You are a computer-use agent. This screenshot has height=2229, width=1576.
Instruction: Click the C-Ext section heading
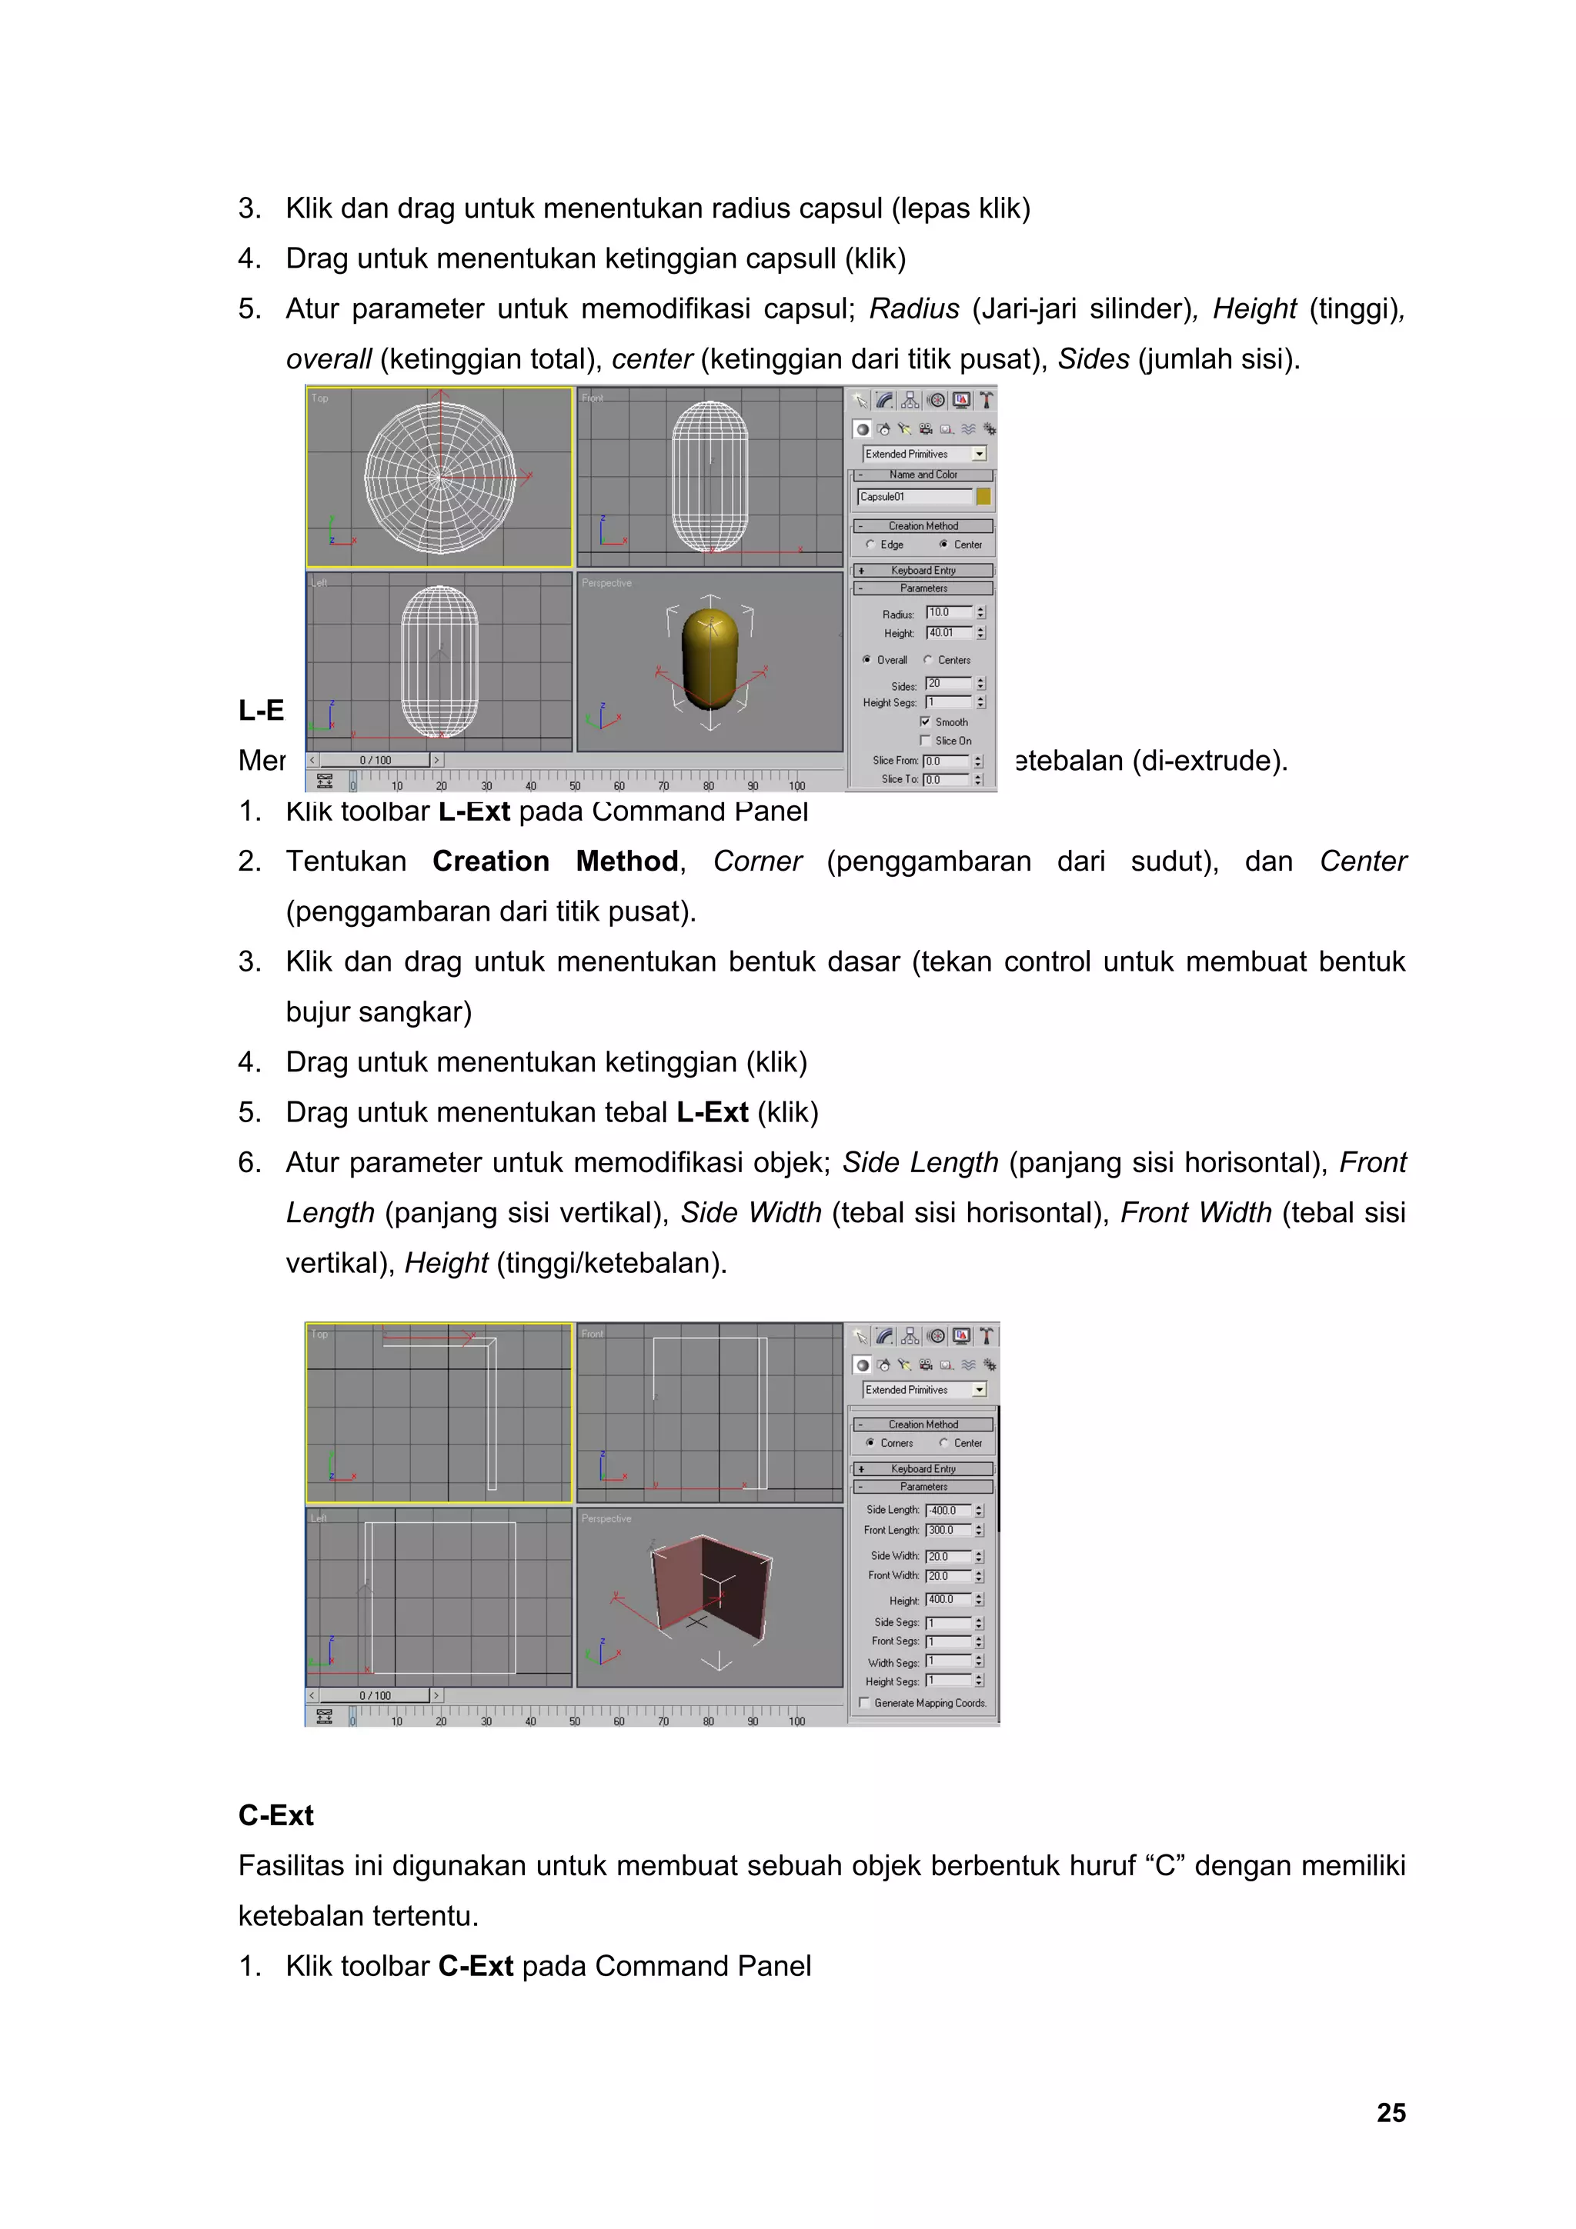pyautogui.click(x=275, y=1814)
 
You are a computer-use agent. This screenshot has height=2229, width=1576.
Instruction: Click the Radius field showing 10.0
pyautogui.click(x=948, y=612)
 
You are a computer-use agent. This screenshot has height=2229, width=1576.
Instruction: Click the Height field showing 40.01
pyautogui.click(x=948, y=633)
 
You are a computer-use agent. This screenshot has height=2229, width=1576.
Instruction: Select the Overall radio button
pyautogui.click(x=867, y=659)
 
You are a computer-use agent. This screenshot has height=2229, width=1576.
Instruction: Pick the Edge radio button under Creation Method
pyautogui.click(x=870, y=545)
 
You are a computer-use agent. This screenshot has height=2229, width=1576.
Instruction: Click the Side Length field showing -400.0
pyautogui.click(x=948, y=1510)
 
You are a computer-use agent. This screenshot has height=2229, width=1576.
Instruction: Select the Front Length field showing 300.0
pyautogui.click(x=948, y=1530)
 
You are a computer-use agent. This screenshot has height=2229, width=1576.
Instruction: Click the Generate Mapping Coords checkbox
pyautogui.click(x=864, y=1702)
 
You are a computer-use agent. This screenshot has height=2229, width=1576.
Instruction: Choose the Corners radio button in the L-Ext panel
pyautogui.click(x=870, y=1443)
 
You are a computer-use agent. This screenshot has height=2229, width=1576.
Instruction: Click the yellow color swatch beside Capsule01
pyautogui.click(x=983, y=497)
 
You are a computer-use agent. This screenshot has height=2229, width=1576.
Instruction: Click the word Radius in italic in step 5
pyautogui.click(x=913, y=308)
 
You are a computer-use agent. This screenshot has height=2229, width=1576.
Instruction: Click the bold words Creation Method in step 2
pyautogui.click(x=555, y=861)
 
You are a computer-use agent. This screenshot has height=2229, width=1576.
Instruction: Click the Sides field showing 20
pyautogui.click(x=948, y=684)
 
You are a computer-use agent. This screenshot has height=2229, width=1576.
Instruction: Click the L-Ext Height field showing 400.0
pyautogui.click(x=948, y=1599)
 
